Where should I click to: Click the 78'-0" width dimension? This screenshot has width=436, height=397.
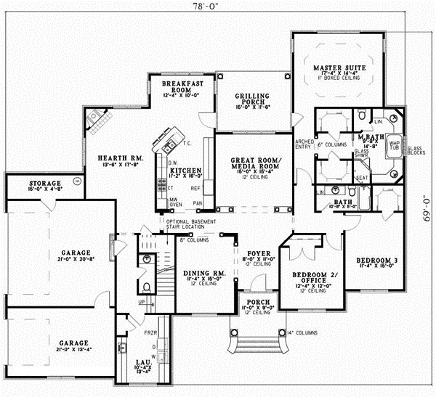217,5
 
